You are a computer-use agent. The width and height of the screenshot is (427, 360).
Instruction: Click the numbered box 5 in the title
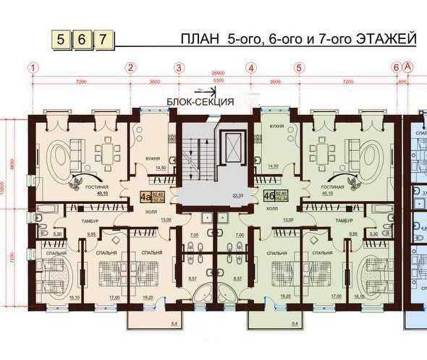coord(62,38)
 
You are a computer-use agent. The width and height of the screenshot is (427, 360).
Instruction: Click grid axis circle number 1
coord(33,68)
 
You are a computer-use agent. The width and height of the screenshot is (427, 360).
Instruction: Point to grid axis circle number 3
coord(179,68)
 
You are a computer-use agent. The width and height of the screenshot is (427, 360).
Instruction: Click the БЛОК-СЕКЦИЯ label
coord(200,102)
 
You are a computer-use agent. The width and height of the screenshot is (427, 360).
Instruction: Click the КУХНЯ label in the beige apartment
coord(152,156)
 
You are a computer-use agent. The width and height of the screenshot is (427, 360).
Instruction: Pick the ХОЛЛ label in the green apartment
coord(272,207)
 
